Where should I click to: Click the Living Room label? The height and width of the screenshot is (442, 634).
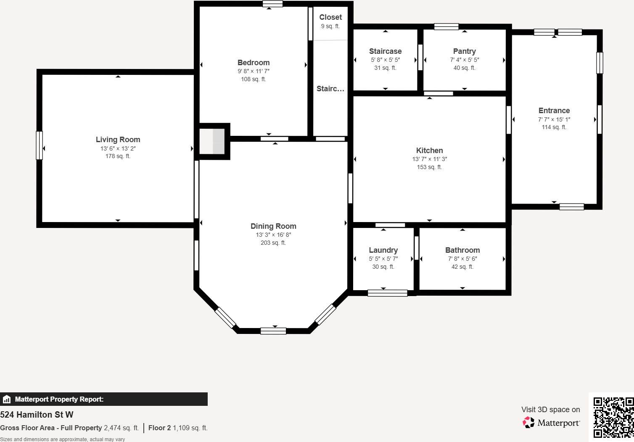tap(118, 140)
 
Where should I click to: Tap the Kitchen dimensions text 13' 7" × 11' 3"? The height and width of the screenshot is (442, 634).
tap(429, 159)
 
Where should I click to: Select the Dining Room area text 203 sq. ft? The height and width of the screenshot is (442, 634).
tap(273, 243)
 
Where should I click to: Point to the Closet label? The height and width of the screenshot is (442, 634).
tap(330, 17)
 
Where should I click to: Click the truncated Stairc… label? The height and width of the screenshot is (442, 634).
tap(330, 89)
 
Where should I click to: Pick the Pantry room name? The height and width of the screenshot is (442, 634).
tap(464, 51)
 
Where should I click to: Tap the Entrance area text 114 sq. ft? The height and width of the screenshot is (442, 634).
tap(554, 127)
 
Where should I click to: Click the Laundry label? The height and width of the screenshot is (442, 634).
tap(383, 250)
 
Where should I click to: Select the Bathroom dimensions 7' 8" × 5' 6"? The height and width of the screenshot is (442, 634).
tap(462, 259)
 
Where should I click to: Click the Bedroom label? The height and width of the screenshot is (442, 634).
tap(254, 63)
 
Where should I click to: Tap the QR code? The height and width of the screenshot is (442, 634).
tap(613, 417)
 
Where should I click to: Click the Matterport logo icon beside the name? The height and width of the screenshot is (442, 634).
tap(528, 422)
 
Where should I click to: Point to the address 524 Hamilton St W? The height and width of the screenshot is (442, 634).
tap(37, 415)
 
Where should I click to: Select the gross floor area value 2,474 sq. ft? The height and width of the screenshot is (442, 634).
tap(121, 428)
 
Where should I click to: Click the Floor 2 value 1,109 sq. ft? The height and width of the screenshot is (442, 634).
tap(190, 428)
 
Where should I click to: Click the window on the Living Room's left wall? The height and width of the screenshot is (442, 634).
tap(39, 146)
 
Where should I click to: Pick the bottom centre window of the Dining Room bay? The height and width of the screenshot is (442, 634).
tap(273, 331)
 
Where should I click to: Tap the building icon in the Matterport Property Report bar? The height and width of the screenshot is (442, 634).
tap(7, 399)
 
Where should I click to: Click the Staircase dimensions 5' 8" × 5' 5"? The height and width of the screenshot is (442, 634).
tap(385, 60)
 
